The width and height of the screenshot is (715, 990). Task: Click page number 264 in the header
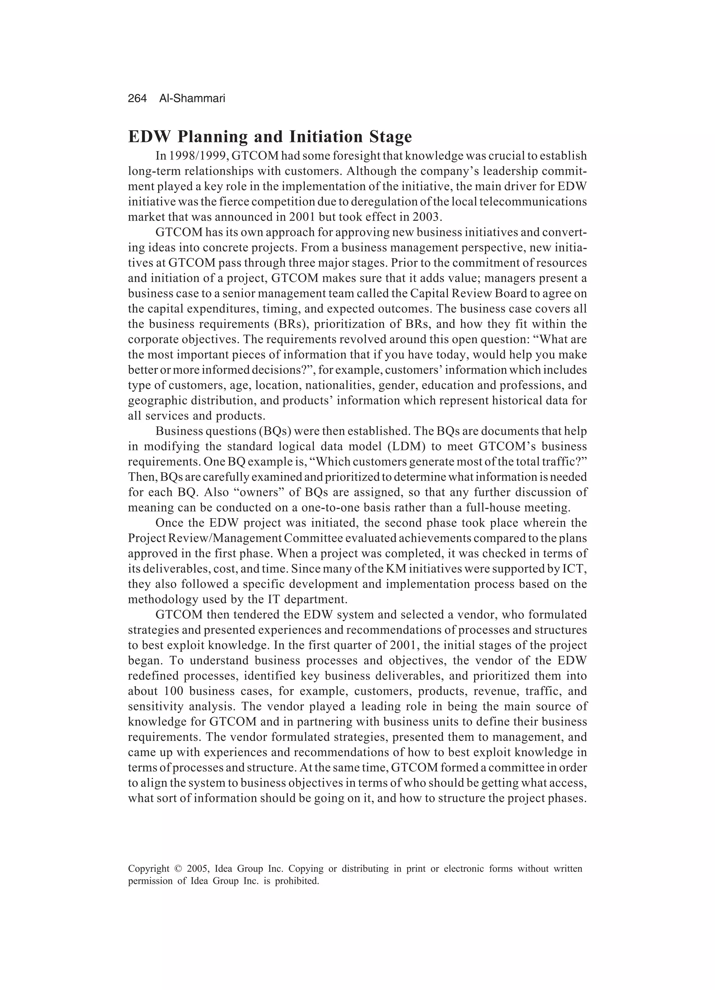point(137,99)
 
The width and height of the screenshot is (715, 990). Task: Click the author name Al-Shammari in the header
point(192,99)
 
